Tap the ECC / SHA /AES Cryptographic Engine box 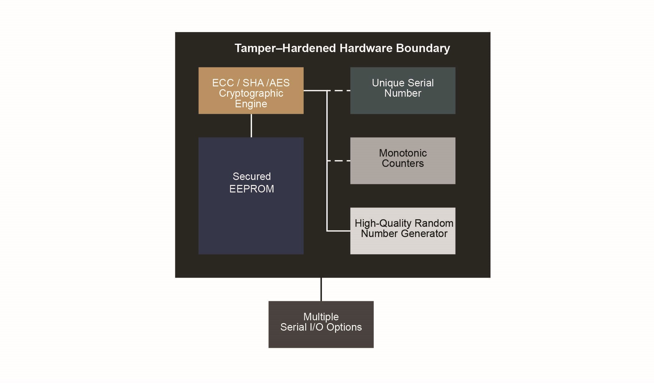(251, 90)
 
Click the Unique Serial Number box (402, 90)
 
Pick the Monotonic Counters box (402, 161)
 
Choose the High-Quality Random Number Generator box (402, 231)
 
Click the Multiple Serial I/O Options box (321, 324)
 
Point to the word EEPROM (252, 189)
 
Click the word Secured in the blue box (252, 177)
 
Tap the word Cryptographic (251, 93)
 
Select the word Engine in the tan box (251, 104)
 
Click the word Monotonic (403, 153)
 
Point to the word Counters (403, 163)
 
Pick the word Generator (424, 234)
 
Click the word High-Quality (383, 223)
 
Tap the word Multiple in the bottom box (321, 317)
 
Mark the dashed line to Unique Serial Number (339, 90)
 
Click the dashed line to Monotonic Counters (339, 161)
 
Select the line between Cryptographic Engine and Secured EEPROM (251, 126)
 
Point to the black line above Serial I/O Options (321, 289)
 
